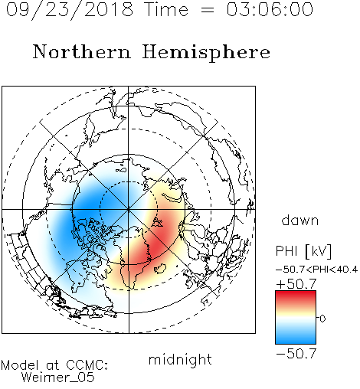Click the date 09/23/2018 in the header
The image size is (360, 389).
tap(70, 10)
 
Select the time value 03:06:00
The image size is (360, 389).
tap(270, 9)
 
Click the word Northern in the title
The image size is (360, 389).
tap(82, 51)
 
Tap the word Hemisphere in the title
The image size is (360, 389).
tap(206, 53)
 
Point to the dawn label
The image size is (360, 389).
tap(300, 220)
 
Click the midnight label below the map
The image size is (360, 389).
tap(180, 359)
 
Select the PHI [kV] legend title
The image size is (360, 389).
tap(303, 251)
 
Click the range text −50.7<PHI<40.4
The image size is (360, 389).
tap(316, 270)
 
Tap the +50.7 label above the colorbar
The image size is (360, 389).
tap(296, 284)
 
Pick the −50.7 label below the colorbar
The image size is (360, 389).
tap(296, 354)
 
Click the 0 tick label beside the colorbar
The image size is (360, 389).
tap(322, 319)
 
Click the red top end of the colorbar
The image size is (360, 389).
tap(296, 293)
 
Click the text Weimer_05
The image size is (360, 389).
tap(57, 378)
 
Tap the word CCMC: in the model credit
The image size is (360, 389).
tap(87, 365)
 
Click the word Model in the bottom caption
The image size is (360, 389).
tap(20, 365)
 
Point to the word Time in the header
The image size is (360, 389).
tap(166, 9)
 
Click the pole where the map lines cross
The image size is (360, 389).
tap(129, 209)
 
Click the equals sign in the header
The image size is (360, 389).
tap(207, 11)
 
